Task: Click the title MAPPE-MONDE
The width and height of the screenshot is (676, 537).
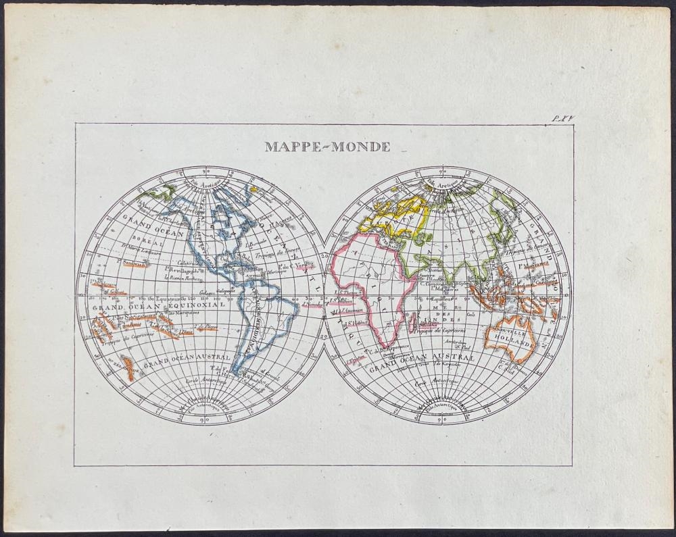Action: pyautogui.click(x=327, y=147)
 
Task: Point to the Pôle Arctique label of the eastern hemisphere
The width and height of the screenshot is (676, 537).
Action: pyautogui.click(x=440, y=183)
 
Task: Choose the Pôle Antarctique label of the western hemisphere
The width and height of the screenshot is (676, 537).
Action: pyautogui.click(x=201, y=407)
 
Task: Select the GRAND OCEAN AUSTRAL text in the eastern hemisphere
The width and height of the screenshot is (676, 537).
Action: pyautogui.click(x=420, y=359)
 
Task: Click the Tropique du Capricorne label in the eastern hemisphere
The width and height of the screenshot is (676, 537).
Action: pyautogui.click(x=434, y=329)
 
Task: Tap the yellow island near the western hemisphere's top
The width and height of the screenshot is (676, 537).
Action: pyautogui.click(x=254, y=190)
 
